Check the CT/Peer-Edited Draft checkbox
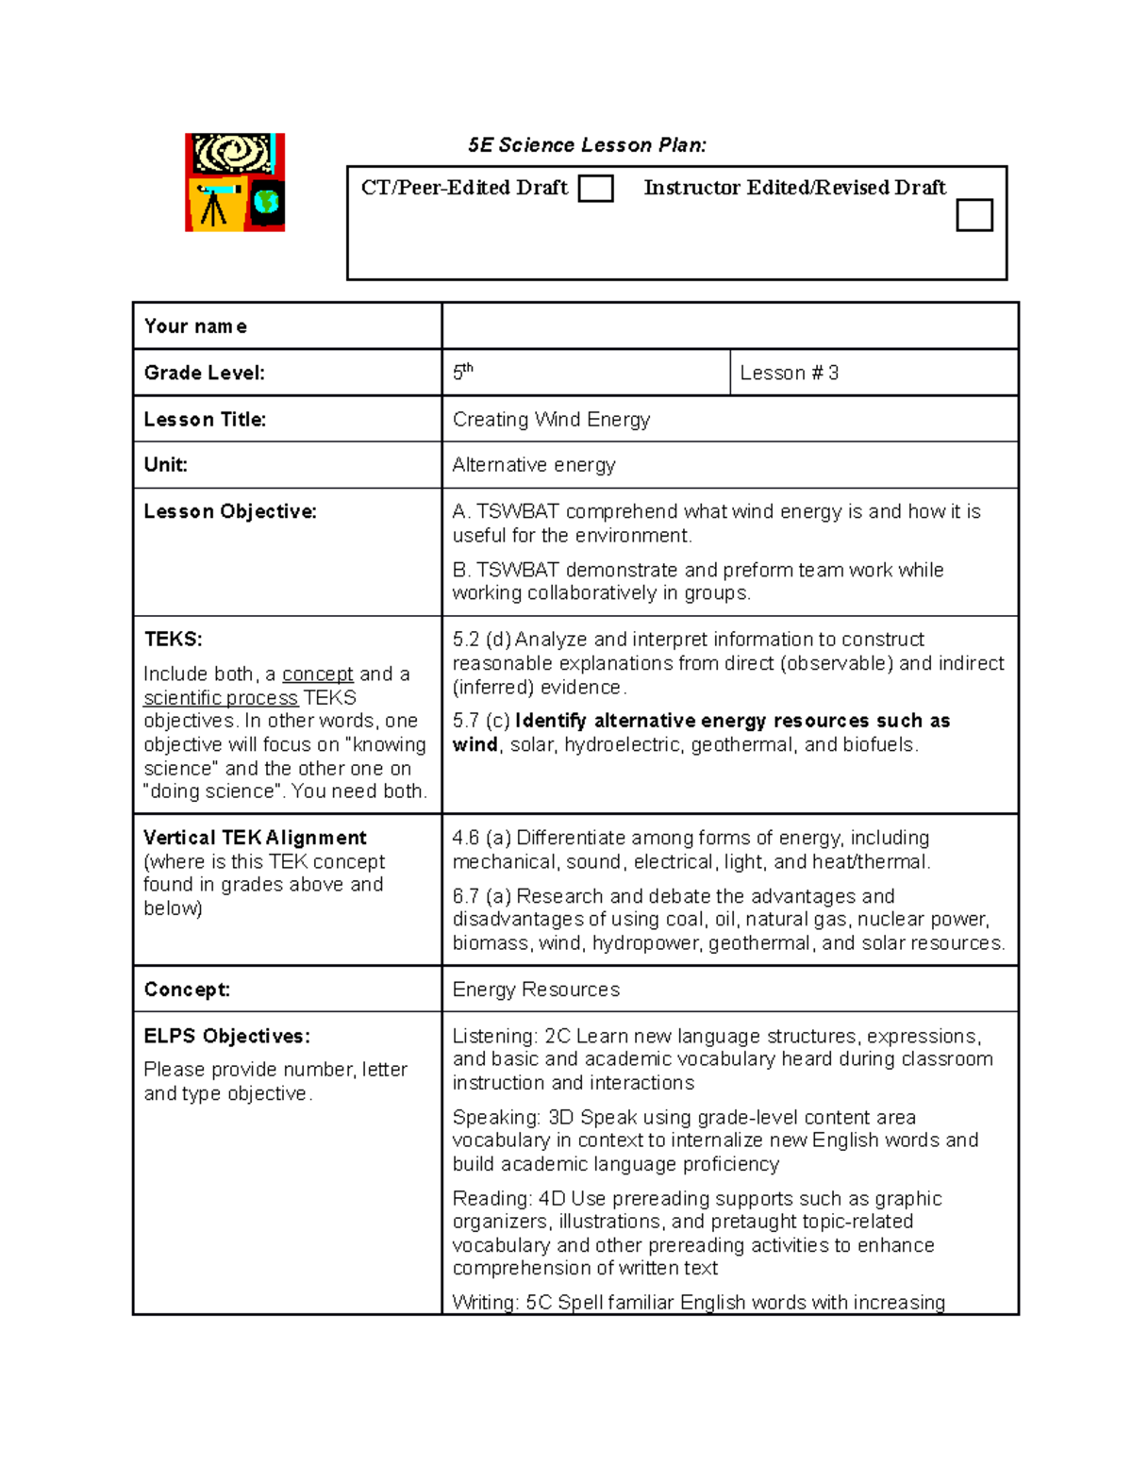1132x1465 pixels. [595, 189]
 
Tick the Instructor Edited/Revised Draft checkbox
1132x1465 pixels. [974, 215]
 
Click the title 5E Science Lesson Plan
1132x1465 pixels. [587, 145]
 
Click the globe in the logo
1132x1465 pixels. [267, 202]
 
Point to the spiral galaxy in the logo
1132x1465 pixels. [232, 153]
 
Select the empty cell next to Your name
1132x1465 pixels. [729, 326]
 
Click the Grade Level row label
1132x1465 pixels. [205, 373]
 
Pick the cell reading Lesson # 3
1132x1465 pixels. [789, 373]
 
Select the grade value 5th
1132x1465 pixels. [462, 372]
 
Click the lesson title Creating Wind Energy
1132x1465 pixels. [551, 419]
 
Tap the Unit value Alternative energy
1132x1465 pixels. [534, 465]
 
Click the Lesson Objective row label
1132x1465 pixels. [230, 511]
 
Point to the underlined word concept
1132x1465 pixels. [318, 674]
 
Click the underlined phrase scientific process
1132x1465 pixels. [221, 698]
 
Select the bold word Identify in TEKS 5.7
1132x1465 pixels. [551, 721]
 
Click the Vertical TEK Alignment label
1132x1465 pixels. [255, 838]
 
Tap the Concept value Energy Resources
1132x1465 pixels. [536, 990]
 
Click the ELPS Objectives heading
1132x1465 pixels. [226, 1036]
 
